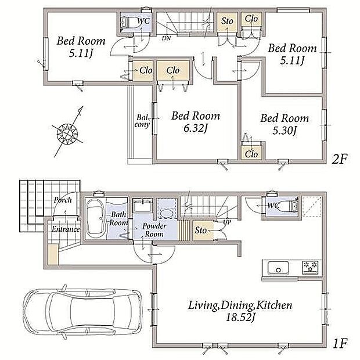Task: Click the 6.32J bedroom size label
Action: point(195,128)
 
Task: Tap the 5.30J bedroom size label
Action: point(285,131)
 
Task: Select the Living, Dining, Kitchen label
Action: point(240,305)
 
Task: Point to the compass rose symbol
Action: point(67,133)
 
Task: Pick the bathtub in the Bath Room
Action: point(95,218)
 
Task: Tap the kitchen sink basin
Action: point(278,268)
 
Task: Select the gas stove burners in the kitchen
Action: point(311,267)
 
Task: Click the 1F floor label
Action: point(340,344)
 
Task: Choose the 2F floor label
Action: point(340,159)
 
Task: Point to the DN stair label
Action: point(166,38)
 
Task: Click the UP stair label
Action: point(227,222)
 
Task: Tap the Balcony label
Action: point(142,121)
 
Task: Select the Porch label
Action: point(63,200)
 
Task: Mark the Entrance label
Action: point(66,229)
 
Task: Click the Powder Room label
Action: point(154,230)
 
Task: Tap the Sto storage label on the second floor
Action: point(227,21)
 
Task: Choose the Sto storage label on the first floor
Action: point(201,231)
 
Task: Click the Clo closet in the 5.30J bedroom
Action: point(251,154)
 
